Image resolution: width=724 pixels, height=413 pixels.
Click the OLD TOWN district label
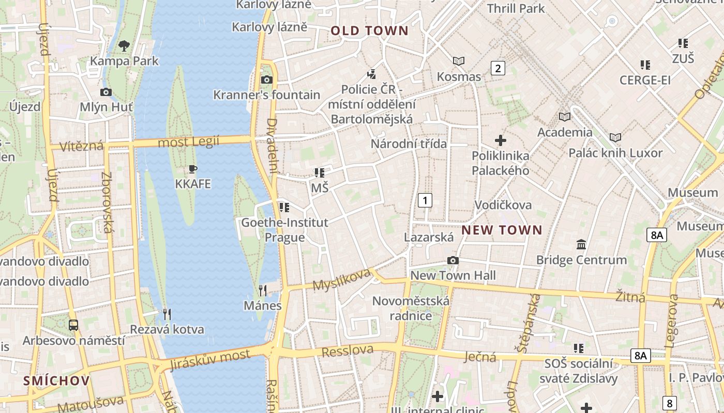(369, 31)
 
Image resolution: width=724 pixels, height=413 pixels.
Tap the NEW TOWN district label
(502, 230)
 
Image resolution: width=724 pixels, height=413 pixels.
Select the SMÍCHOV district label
(56, 381)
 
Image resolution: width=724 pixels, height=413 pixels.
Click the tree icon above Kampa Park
(124, 46)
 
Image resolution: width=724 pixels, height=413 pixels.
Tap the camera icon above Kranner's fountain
(267, 80)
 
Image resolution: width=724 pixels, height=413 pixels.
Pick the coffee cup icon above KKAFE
(193, 169)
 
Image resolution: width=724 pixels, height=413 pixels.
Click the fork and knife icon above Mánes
(263, 291)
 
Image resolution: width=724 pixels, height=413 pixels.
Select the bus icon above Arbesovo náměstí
(73, 325)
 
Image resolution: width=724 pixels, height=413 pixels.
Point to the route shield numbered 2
(497, 68)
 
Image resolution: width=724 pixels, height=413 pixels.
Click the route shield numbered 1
(425, 200)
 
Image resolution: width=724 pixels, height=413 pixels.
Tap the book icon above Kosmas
(459, 61)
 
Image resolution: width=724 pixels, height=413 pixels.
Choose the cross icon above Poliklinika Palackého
(500, 140)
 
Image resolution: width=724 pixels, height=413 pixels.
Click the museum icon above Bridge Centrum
(581, 244)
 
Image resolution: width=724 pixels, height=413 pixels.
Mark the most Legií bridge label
(188, 142)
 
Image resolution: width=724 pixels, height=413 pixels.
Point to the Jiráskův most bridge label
(210, 359)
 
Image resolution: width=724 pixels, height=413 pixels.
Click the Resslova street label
(348, 351)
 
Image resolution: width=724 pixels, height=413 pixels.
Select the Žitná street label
(630, 297)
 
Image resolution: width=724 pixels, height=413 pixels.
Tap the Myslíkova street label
(342, 279)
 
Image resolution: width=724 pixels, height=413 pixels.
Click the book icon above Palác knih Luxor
(615, 138)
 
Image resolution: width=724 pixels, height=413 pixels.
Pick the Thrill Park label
(516, 8)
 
